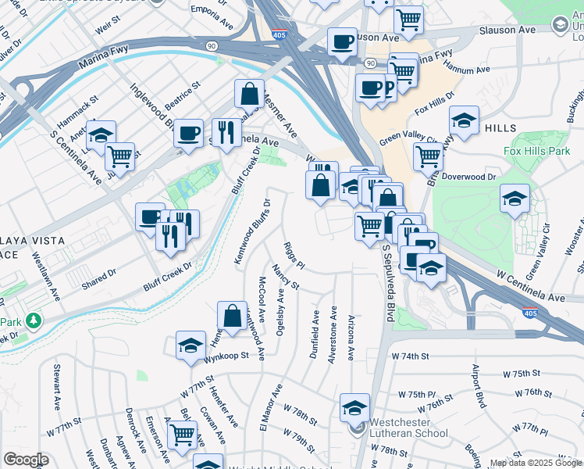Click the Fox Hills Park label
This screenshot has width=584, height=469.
(x=536, y=151)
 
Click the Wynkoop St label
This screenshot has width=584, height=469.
(x=226, y=355)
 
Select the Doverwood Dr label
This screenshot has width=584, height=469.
(x=468, y=177)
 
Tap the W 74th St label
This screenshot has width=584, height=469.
(x=411, y=356)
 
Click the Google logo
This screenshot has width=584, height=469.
(x=26, y=460)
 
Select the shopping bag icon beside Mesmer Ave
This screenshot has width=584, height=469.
(x=248, y=94)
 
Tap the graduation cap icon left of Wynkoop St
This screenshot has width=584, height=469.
(x=191, y=345)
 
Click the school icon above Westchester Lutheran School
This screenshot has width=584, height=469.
(x=354, y=407)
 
